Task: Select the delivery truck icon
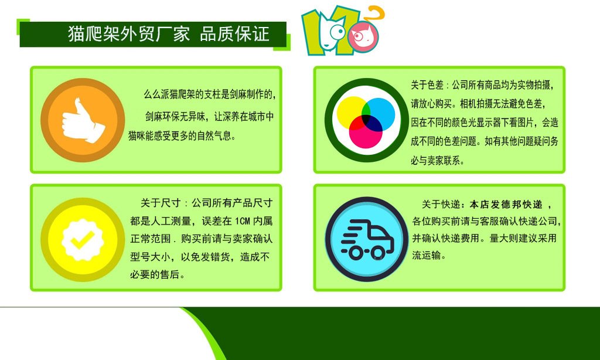click(366, 238)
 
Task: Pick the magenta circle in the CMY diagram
click(366, 133)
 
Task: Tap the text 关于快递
click(439, 204)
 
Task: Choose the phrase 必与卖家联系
click(437, 161)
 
